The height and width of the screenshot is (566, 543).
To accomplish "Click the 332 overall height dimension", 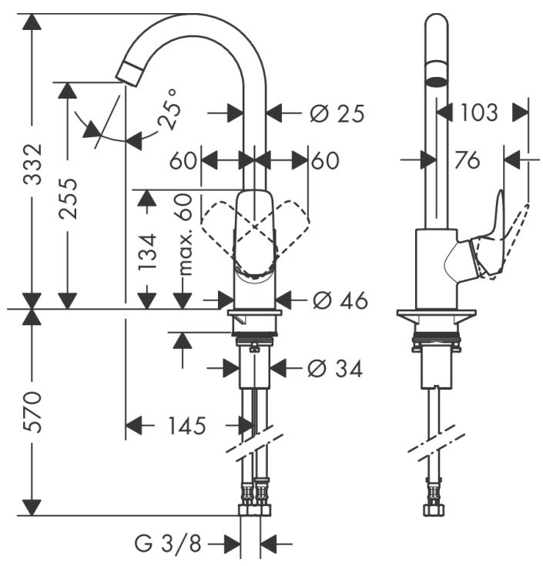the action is pyautogui.click(x=33, y=164).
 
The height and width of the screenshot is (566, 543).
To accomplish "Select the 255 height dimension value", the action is pyautogui.click(x=69, y=199).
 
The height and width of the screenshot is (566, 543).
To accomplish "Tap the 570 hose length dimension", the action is pyautogui.click(x=33, y=412).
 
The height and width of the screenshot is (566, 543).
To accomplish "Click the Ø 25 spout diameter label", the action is pyautogui.click(x=337, y=114).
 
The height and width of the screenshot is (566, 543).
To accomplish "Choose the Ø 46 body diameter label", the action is pyautogui.click(x=340, y=300).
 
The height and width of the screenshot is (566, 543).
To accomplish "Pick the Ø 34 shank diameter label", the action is pyautogui.click(x=335, y=369).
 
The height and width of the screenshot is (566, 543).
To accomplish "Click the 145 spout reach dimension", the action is pyautogui.click(x=187, y=425).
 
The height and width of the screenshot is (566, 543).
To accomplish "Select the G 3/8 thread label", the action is pyautogui.click(x=168, y=543).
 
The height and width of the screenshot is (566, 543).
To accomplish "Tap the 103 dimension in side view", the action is pyautogui.click(x=479, y=112).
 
